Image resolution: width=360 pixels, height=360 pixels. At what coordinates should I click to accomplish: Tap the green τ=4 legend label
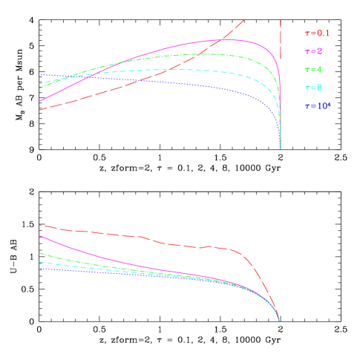click(312, 70)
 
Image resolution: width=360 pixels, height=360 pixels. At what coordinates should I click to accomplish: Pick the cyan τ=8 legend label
click(312, 88)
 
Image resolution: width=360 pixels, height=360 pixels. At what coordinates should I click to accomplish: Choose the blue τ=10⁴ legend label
click(317, 106)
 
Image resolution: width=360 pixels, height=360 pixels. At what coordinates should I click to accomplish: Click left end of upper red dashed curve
click(40, 110)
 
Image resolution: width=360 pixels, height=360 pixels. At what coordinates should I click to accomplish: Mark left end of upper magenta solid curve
click(40, 100)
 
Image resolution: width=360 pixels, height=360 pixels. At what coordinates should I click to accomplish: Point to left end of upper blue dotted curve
click(40, 75)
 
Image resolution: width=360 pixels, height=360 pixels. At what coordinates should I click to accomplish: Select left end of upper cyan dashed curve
click(40, 82)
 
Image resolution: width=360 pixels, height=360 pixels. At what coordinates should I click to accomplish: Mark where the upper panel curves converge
click(280, 147)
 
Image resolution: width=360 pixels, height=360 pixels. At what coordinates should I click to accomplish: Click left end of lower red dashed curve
click(40, 225)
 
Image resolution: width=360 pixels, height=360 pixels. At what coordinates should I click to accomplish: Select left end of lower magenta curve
click(40, 236)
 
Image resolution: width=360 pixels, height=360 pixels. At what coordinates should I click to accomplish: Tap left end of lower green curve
click(40, 253)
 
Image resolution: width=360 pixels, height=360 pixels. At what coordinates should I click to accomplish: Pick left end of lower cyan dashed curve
click(40, 261)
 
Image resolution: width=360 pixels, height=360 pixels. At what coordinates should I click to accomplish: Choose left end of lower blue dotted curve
click(40, 268)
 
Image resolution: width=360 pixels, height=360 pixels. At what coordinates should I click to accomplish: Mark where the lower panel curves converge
click(278, 319)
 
